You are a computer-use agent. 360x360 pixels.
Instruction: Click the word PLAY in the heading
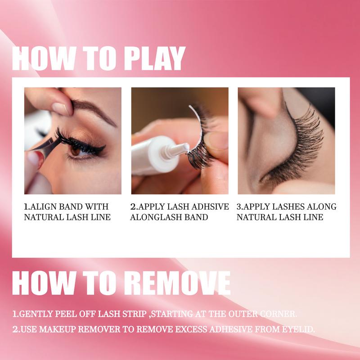click(154, 58)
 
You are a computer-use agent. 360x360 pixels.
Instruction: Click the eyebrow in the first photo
click(94, 110)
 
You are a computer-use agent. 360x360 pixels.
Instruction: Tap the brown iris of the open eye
click(75, 151)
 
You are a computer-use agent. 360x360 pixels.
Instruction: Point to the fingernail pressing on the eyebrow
click(60, 108)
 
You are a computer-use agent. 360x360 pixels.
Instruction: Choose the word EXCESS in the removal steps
click(191, 329)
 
